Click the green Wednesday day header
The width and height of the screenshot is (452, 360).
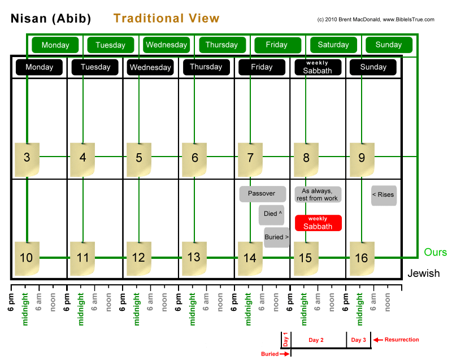coord(166,45)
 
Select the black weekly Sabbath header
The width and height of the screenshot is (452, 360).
coord(318,67)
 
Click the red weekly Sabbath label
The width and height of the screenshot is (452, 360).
coord(318,223)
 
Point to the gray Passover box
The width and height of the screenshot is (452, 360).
coord(262,194)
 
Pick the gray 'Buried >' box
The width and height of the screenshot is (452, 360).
coord(276,237)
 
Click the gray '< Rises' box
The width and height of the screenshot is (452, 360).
coord(383,195)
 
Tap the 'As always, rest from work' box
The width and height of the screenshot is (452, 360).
coord(318,194)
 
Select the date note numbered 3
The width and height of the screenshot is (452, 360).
coord(27,158)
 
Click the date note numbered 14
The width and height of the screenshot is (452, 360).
coord(250,258)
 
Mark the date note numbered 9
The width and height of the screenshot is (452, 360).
coord(362,158)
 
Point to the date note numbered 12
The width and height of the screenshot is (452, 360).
coord(138,258)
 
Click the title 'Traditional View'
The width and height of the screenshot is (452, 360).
coord(166,19)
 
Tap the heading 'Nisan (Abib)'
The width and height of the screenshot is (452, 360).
coord(51,19)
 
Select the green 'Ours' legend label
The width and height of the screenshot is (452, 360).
coord(435,252)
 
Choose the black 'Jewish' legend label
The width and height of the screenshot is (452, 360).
coord(424,274)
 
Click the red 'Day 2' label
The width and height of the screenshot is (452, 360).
coord(316,340)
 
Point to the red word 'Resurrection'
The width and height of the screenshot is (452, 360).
coord(402,340)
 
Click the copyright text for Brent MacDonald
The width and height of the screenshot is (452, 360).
coord(376,19)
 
